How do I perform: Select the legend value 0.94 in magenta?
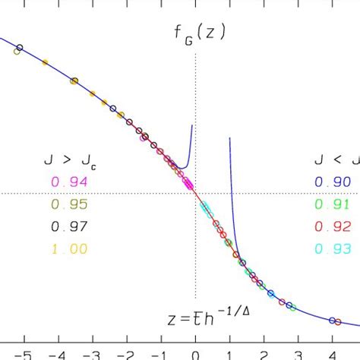[69, 182]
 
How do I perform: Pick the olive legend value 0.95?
[69, 204]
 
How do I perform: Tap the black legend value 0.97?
[69, 226]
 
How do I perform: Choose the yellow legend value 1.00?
[69, 248]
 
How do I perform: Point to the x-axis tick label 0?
[195, 354]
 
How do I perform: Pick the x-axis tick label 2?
[264, 354]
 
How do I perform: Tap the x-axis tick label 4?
[333, 354]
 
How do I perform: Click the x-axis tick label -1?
[159, 354]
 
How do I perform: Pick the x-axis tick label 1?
[229, 354]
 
